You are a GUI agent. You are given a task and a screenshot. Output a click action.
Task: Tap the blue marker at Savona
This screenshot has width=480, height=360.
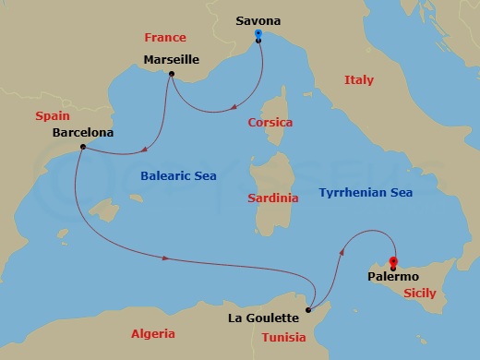258,35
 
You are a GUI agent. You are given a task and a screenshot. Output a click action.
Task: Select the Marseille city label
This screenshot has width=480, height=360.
174,60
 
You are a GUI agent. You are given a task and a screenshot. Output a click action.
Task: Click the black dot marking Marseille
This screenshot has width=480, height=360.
172,75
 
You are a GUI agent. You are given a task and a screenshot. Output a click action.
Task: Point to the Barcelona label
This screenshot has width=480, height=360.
83,132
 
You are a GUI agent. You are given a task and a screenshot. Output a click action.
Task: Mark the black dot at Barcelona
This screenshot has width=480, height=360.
83,147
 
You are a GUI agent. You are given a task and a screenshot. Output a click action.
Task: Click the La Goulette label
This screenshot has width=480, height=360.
263,318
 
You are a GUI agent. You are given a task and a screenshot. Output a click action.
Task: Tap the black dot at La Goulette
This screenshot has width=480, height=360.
307,310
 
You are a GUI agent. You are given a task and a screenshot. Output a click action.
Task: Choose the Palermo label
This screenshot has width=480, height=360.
393,276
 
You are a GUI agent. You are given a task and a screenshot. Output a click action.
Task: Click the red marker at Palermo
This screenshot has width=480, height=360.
393,262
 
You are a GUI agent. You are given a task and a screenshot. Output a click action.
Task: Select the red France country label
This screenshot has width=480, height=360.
165,38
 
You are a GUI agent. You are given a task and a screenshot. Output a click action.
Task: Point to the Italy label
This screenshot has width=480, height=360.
359,80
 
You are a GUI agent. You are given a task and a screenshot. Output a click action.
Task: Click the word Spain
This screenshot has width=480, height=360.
53,116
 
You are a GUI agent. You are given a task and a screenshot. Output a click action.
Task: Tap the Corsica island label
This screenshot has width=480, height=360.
270,122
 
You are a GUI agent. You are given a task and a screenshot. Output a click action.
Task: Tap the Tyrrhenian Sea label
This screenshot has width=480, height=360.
366,192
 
